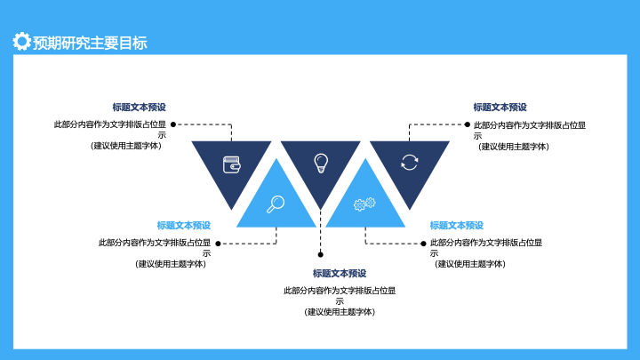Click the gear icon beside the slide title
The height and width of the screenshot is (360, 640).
pos(21,41)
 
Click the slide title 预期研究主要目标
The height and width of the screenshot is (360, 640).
pos(90,43)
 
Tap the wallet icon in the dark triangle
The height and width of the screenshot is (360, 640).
pos(232,164)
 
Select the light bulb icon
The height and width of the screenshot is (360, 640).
pos(321,164)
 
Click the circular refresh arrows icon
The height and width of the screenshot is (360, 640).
pos(410,162)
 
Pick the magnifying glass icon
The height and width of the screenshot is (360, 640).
pos(276,204)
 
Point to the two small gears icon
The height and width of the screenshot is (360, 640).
pos(364,204)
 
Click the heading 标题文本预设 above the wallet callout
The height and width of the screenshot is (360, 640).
pos(140,108)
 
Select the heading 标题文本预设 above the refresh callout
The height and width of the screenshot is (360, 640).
pos(500,108)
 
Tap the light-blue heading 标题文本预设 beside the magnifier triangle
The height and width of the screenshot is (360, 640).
pos(184,225)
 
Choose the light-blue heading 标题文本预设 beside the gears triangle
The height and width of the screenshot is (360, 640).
pos(456,225)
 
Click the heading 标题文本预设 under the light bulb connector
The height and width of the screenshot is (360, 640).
pos(340,274)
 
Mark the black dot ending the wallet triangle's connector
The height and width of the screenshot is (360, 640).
pos(173,124)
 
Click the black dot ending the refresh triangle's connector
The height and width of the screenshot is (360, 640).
pos(468,124)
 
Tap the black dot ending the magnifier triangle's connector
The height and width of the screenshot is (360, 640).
pos(218,244)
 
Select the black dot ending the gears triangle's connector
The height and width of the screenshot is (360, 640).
pos(423,244)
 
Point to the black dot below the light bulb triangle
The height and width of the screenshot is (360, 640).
pos(320,255)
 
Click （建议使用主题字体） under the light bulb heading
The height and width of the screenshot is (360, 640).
pos(340,312)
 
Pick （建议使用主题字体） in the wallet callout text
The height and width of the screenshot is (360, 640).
pos(125,146)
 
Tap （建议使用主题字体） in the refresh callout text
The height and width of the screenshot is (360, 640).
pos(514,147)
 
